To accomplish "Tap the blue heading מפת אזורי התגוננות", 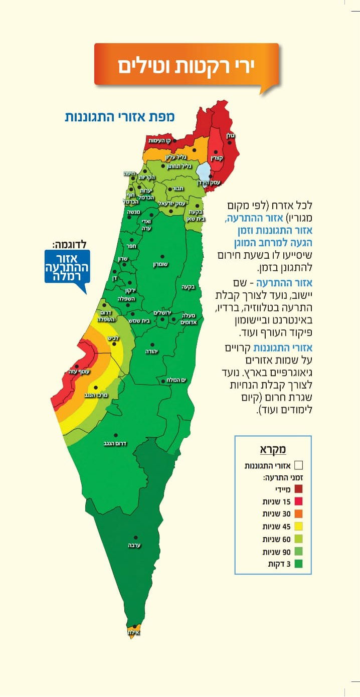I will click(119, 117).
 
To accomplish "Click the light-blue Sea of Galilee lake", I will click(204, 170).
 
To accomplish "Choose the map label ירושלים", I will click(162, 313).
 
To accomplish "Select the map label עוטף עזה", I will click(79, 372).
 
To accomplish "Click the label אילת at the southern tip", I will click(133, 632).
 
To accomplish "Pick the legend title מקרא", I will click(272, 449).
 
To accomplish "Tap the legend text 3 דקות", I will click(277, 564).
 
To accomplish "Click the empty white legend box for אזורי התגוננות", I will click(299, 465).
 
